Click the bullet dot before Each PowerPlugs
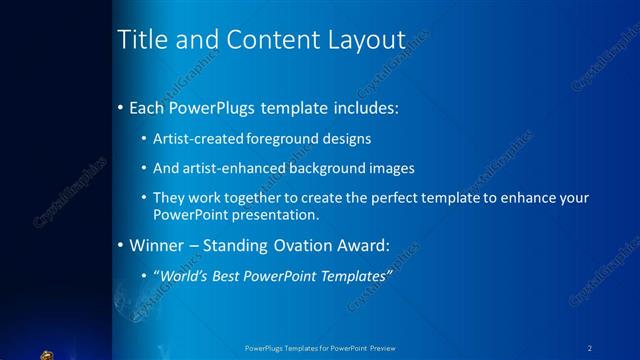pos(121,106)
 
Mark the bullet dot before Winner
pos(121,245)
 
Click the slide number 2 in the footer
pos(590,349)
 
